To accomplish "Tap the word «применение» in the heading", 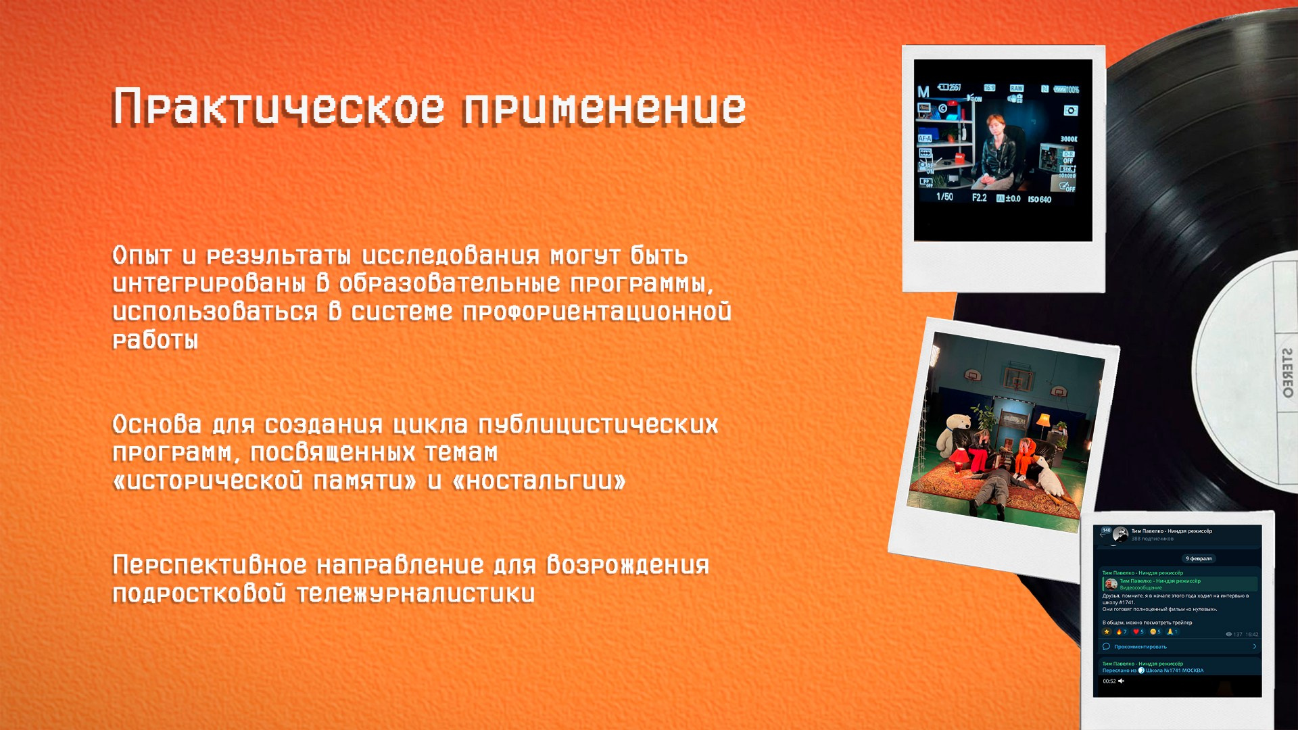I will click(604, 107).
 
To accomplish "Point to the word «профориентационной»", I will click(596, 312).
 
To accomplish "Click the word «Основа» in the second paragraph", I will click(157, 424).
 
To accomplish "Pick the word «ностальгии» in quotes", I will click(539, 481).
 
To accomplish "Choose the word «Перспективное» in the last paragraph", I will click(210, 565).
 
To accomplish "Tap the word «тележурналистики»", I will click(416, 594).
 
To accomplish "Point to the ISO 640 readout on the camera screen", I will click(1040, 199).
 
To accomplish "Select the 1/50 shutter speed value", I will click(944, 197).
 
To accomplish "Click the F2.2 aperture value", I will click(980, 198).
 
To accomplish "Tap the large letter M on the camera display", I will click(923, 92).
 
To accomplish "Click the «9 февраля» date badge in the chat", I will click(1199, 558).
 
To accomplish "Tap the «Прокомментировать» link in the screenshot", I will click(1140, 647).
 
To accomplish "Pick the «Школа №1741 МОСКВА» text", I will click(1174, 671).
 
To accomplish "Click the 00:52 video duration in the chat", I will click(1109, 681).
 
